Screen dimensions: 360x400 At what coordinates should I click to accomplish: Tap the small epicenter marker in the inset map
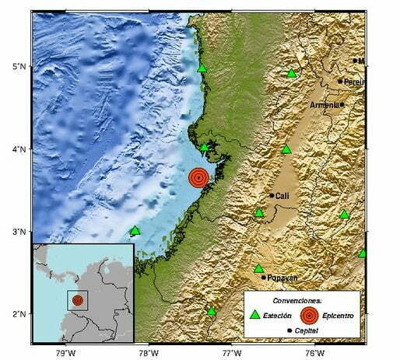pos(77,299)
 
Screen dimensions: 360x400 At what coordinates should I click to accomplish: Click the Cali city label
pos(282,196)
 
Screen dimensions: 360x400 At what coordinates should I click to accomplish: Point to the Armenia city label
pos(324,105)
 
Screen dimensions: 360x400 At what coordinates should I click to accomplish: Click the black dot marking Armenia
pos(342,104)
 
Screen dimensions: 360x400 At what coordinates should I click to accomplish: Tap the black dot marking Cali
pos(272,195)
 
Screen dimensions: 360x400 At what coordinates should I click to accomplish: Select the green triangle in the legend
pos(253,315)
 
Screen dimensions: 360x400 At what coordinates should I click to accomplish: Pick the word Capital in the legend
pos(311,331)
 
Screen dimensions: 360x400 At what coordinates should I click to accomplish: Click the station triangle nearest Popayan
pos(259,268)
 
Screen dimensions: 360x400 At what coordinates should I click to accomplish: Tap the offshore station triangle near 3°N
pos(135,230)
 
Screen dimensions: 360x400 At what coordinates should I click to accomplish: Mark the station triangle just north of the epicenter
pos(205,147)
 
